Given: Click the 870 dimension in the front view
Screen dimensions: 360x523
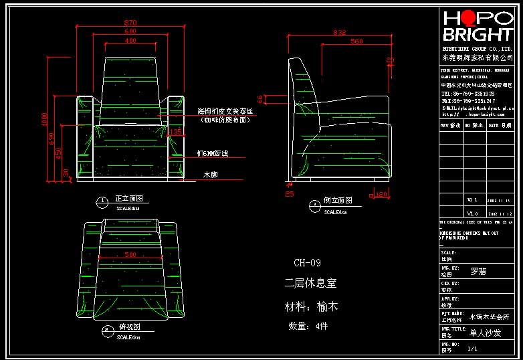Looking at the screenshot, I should click(x=130, y=23).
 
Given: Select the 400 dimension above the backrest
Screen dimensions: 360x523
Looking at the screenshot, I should click(x=130, y=41).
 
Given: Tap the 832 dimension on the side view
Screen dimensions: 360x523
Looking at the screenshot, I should click(x=339, y=32).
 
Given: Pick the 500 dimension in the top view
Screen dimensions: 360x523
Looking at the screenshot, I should click(x=130, y=254).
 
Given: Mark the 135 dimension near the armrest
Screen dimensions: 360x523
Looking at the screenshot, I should click(x=176, y=132).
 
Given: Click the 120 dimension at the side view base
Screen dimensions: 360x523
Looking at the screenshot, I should click(x=382, y=195).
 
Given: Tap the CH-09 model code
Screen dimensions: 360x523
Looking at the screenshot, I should click(x=307, y=263).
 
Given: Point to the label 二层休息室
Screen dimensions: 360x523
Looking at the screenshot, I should click(x=310, y=283).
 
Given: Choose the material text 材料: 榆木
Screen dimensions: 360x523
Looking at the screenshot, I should click(x=312, y=307).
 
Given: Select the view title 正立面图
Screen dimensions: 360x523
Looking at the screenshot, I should click(x=129, y=199).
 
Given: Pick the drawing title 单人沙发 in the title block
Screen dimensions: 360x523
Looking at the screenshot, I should click(x=485, y=333).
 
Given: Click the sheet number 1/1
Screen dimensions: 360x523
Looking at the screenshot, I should click(x=473, y=349).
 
